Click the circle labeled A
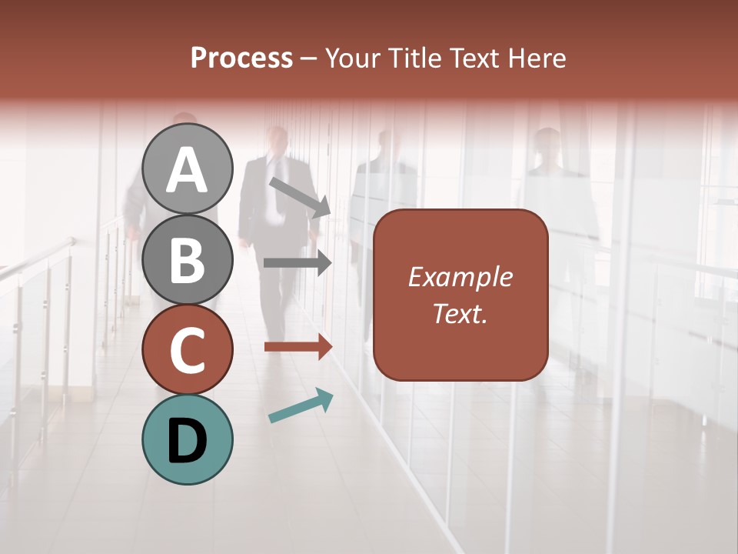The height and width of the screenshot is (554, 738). click(x=188, y=169)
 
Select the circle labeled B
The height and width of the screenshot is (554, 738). click(x=188, y=259)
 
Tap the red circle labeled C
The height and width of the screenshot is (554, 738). click(x=188, y=350)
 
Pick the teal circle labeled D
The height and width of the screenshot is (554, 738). click(x=188, y=440)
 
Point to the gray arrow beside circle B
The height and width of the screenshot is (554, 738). click(x=298, y=263)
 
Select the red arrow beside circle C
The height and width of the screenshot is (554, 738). click(x=298, y=347)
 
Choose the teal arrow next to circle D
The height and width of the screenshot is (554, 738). click(x=301, y=405)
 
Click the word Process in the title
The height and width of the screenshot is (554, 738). click(x=241, y=58)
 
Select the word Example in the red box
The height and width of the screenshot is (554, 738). click(x=460, y=277)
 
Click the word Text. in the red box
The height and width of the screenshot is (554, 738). click(x=460, y=313)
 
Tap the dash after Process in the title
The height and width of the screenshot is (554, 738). click(x=308, y=58)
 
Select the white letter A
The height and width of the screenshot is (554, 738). click(x=188, y=169)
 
